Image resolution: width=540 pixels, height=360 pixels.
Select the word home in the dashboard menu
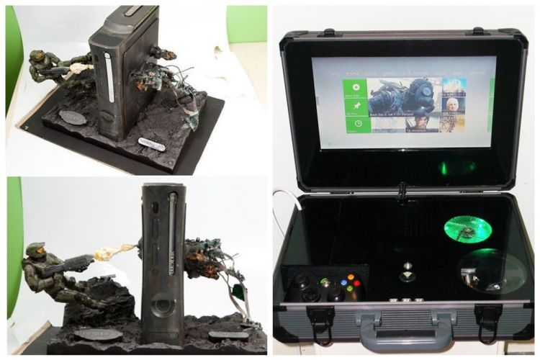point(352,73)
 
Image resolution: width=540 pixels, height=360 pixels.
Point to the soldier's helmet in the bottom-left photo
point(34,253)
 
